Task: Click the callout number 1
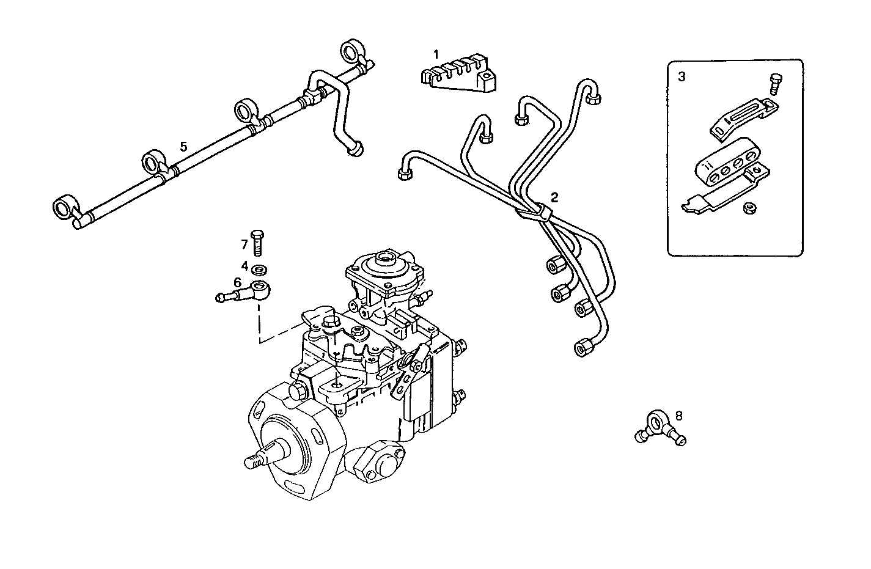point(436,54)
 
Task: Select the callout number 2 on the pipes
point(554,197)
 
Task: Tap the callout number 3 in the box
point(682,77)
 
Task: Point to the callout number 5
point(183,146)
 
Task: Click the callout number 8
point(678,416)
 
